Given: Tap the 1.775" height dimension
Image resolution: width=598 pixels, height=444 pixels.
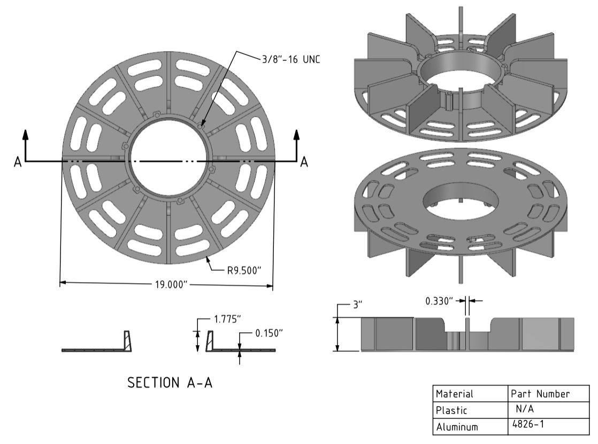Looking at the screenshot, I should [x=227, y=320].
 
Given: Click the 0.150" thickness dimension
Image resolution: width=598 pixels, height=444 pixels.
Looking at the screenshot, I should [x=269, y=333].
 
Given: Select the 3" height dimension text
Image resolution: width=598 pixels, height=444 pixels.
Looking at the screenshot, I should [x=357, y=305].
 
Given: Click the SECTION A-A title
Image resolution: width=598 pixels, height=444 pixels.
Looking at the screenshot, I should [x=170, y=383].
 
